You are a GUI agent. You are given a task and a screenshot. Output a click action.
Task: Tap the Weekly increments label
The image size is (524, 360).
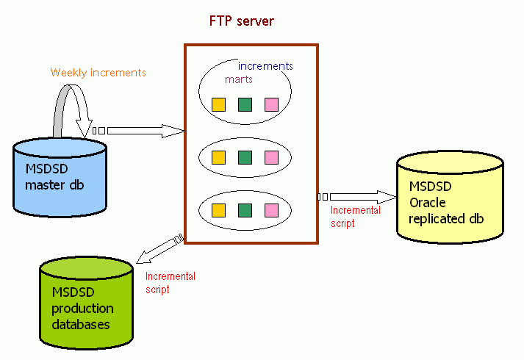(x=98, y=73)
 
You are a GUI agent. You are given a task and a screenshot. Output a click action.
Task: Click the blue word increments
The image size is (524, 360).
(x=265, y=66)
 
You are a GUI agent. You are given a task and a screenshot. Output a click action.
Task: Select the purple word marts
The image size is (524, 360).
(x=239, y=79)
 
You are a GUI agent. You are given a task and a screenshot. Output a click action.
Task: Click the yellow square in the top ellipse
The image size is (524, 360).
(x=218, y=104)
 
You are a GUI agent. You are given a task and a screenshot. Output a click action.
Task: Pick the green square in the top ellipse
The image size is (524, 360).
(x=245, y=104)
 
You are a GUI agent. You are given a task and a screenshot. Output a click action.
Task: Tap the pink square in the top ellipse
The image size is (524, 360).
(x=271, y=104)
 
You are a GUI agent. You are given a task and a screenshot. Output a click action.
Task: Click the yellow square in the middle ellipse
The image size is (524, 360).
(x=218, y=156)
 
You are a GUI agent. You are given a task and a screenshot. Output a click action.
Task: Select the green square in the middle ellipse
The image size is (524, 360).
(x=245, y=156)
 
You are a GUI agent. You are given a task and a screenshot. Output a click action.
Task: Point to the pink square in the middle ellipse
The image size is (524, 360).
(x=271, y=156)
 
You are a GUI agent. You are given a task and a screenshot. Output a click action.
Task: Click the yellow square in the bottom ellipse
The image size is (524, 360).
(x=218, y=210)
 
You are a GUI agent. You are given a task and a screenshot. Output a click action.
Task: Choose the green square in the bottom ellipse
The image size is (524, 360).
(x=245, y=210)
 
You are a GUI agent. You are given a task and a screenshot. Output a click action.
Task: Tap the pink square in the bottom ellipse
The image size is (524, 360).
(x=271, y=210)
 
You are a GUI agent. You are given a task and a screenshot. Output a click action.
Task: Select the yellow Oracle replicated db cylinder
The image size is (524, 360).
(x=449, y=198)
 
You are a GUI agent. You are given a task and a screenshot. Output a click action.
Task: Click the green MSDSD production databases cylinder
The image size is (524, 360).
(x=87, y=303)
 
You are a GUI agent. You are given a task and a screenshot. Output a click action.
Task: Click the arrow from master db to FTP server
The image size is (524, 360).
(x=144, y=131)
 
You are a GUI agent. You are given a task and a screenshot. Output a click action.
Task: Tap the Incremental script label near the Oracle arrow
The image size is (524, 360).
(x=356, y=216)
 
